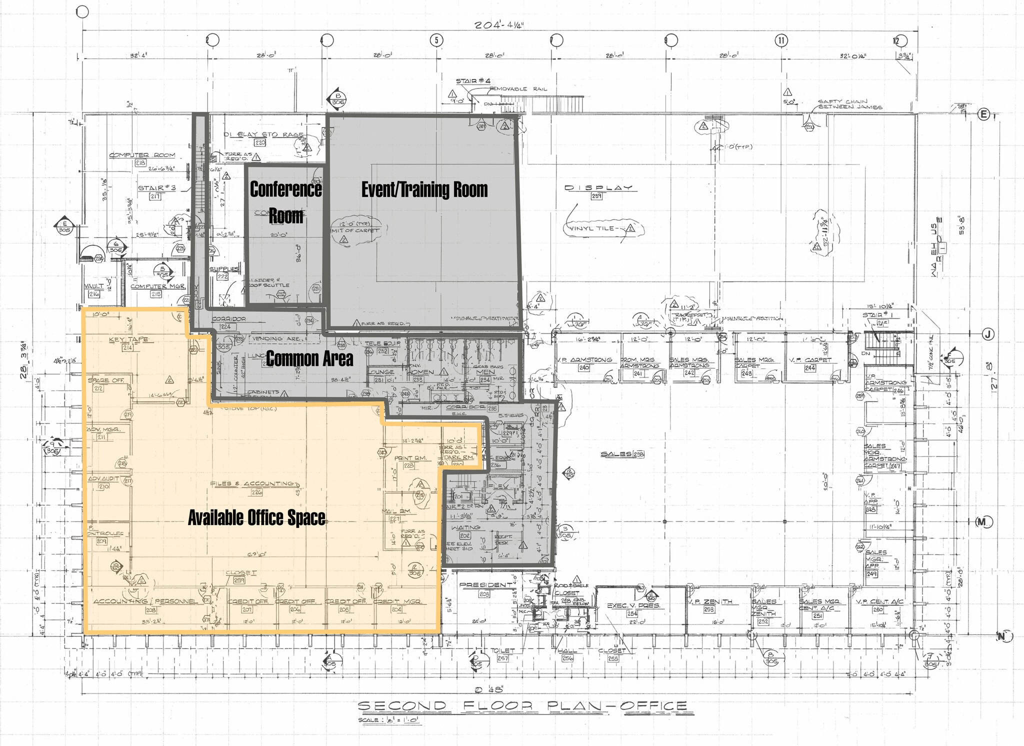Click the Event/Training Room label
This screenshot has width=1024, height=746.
[x=424, y=190]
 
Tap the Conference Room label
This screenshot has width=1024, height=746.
[x=285, y=202]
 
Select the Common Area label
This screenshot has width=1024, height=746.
[x=309, y=358]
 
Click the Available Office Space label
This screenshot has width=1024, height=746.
[x=256, y=518]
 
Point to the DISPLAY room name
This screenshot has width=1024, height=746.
[x=598, y=188]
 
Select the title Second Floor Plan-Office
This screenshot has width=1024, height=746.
[x=522, y=706]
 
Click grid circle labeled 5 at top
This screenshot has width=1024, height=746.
[x=436, y=40]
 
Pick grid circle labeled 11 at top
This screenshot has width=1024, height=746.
[x=781, y=40]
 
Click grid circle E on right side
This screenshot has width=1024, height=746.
[x=983, y=114]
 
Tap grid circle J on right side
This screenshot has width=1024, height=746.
[x=987, y=334]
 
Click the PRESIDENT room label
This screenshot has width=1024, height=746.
[x=485, y=585]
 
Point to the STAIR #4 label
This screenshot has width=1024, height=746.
[x=473, y=81]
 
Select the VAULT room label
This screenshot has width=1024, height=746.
[x=94, y=286]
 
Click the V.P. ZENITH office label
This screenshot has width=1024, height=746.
[x=710, y=601]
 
